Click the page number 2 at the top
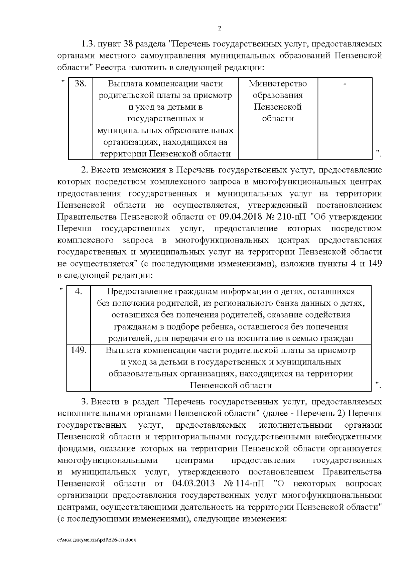[220, 28]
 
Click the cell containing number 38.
[80, 84]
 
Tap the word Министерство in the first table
[278, 84]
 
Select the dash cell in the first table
[345, 84]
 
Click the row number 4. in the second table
[79, 291]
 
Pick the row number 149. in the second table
[79, 350]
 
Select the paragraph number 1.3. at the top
[89, 44]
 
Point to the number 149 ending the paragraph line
[374, 264]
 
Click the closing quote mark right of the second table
[378, 386]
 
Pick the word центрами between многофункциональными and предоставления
[194, 460]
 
